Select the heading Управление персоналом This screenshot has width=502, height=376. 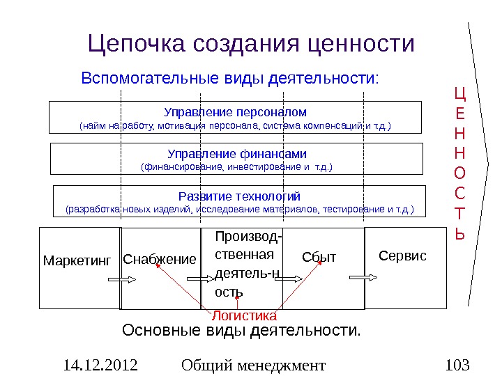tap(235, 111)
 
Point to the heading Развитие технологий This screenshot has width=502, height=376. tap(239, 195)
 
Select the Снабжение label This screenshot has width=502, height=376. tap(160, 259)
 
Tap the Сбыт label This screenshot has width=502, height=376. tap(319, 258)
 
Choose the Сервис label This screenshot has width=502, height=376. tap(402, 256)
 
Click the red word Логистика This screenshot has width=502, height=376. tap(239, 315)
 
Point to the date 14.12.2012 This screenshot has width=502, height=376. tap(100, 365)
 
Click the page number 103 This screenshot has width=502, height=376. tap(457, 365)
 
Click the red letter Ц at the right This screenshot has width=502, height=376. tap(459, 93)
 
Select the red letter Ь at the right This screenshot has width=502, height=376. tap(459, 234)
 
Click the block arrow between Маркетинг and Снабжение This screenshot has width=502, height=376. tap(121, 278)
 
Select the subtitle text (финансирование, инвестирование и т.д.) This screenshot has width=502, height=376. tap(236, 167)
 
